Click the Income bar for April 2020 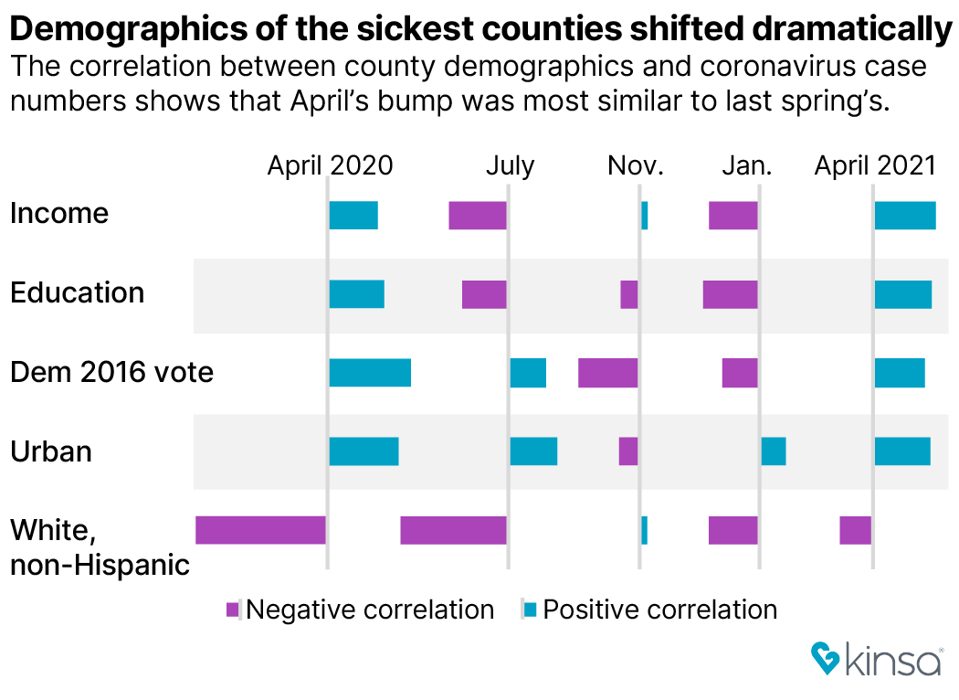(x=353, y=216)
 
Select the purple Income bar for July (x=478, y=216)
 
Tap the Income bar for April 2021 (x=905, y=216)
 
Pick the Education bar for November (x=628, y=295)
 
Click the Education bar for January (x=730, y=295)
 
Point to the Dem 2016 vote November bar (x=607, y=373)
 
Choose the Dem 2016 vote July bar (x=528, y=373)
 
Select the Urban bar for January (x=774, y=451)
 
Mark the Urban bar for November (x=627, y=451)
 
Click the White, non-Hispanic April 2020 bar (x=260, y=530)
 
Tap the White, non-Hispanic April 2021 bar (x=855, y=530)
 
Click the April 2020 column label (x=330, y=165)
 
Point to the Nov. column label (x=636, y=165)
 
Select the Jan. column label (x=747, y=165)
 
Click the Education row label (x=78, y=293)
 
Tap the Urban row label (x=51, y=451)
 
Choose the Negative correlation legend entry (x=360, y=610)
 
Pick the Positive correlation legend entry (x=650, y=610)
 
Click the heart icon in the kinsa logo (x=826, y=659)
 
